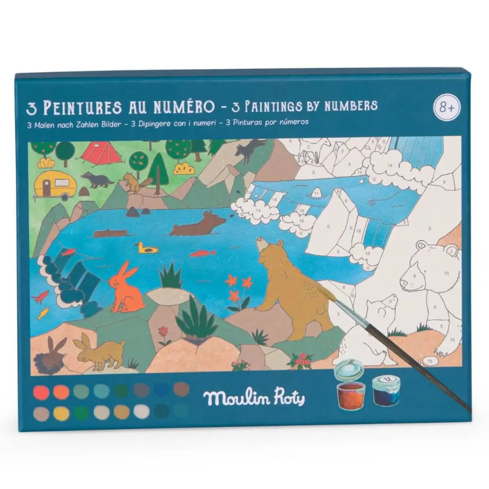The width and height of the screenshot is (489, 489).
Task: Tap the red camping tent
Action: [x=101, y=153]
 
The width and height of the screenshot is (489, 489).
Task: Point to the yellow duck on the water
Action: [x=147, y=248]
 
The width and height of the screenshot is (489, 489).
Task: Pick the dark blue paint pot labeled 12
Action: [x=386, y=390]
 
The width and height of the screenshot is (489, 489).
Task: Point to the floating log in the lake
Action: [x=110, y=234]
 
